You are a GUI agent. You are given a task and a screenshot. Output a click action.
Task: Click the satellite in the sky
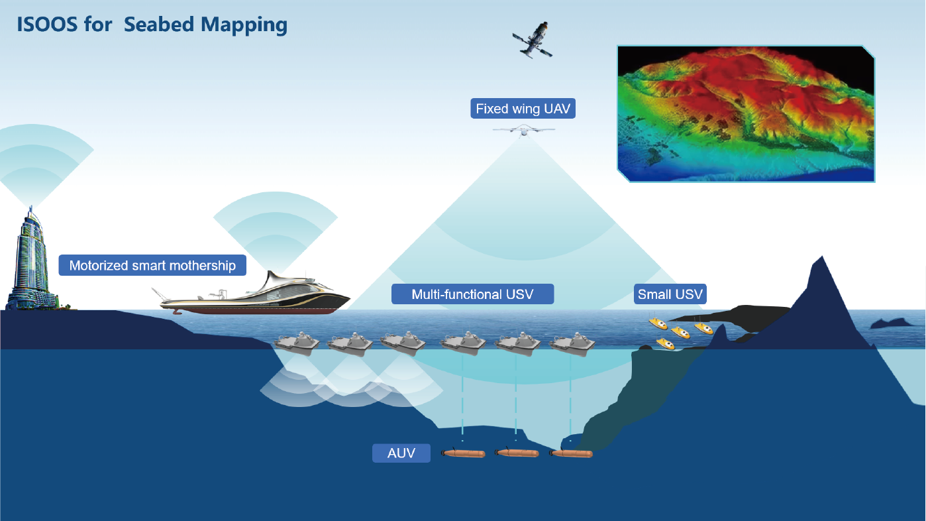pos(532,40)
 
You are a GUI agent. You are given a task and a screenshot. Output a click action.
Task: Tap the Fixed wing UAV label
pos(523,109)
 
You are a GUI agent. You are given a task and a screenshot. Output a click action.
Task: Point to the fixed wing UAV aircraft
pos(524,131)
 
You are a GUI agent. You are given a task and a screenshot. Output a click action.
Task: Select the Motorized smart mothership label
pos(152,265)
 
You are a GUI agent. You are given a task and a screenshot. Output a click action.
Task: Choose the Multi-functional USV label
pos(472,294)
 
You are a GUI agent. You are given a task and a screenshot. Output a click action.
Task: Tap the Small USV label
pos(670,294)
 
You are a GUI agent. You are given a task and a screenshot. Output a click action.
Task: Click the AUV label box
pos(401,453)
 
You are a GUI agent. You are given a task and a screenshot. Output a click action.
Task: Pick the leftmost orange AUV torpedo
pos(463,453)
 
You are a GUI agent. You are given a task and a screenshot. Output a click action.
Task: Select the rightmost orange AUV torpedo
pos(571,453)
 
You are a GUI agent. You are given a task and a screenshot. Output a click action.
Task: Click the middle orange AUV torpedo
pos(517,453)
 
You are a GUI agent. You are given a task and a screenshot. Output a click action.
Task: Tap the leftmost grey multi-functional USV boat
pos(296,343)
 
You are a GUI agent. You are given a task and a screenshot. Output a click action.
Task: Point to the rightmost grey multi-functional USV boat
pos(572,343)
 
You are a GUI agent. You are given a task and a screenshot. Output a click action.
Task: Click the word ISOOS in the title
pos(47,25)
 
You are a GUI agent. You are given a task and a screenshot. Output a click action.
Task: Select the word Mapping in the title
pos(244,25)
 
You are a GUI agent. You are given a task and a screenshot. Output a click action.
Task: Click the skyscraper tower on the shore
pos(31,260)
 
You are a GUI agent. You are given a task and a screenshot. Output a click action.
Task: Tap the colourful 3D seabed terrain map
pos(746,114)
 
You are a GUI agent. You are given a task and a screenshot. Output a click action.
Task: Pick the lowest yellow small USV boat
pos(665,343)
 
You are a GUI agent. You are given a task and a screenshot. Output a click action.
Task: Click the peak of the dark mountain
pos(822,257)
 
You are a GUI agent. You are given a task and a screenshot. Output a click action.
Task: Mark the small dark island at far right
pos(891,323)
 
